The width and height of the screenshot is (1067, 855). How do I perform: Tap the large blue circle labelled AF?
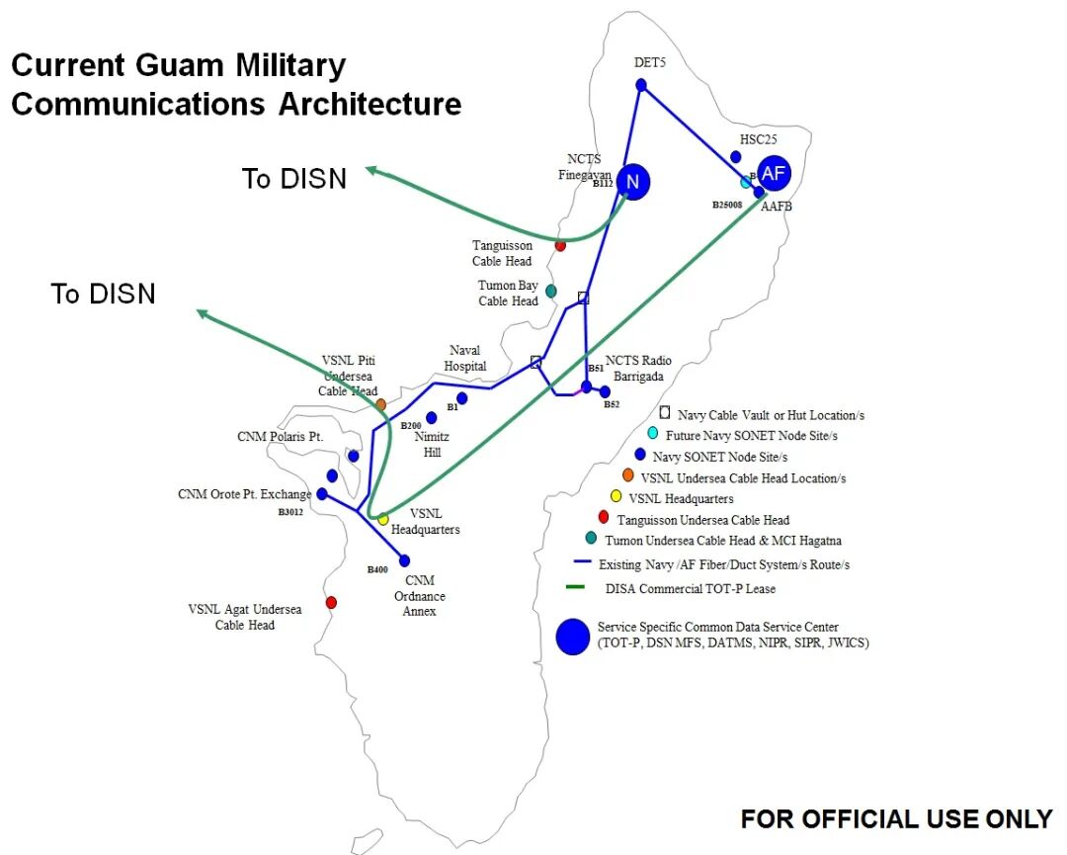tap(775, 174)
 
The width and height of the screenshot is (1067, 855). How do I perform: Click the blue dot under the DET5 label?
tap(641, 86)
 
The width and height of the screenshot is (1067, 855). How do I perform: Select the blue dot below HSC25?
tap(736, 157)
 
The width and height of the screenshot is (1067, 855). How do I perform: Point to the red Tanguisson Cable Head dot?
tap(560, 245)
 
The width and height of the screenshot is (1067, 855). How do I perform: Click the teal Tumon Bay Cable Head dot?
tap(551, 291)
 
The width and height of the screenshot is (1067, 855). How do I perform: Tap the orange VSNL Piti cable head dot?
tap(380, 404)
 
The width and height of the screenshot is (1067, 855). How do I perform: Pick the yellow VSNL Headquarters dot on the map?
tap(383, 519)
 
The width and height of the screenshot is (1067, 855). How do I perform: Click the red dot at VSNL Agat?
tap(331, 602)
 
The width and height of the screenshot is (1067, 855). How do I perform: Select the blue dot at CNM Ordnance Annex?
tap(404, 560)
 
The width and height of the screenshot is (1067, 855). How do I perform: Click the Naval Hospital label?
tap(464, 358)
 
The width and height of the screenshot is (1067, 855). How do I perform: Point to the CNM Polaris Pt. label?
tap(281, 436)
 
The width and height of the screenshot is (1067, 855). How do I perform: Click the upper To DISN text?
tap(294, 179)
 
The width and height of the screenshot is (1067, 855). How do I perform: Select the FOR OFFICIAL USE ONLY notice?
tap(896, 818)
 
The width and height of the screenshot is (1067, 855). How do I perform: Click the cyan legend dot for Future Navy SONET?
tap(652, 434)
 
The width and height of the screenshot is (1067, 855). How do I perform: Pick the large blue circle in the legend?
tap(572, 636)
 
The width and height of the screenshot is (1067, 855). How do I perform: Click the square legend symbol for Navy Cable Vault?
tap(665, 412)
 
